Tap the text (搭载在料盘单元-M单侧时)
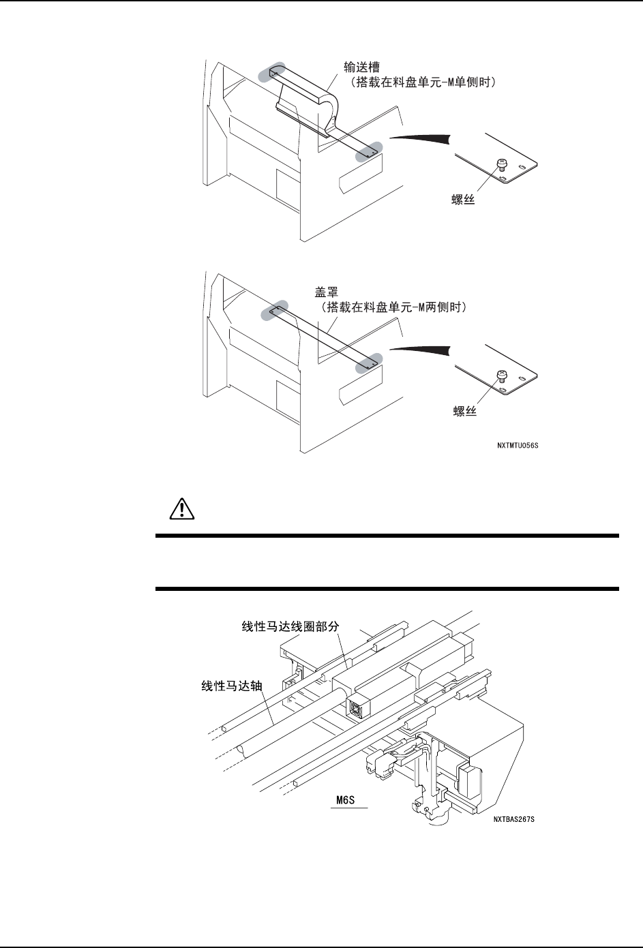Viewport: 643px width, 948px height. pos(423,82)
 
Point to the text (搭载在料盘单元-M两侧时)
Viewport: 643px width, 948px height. pos(393,308)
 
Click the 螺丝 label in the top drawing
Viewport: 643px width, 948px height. pos(451,202)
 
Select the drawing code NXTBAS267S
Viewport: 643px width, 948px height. pos(513,820)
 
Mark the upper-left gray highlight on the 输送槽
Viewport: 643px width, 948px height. pos(276,72)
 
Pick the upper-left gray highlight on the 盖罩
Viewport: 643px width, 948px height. pos(276,311)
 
